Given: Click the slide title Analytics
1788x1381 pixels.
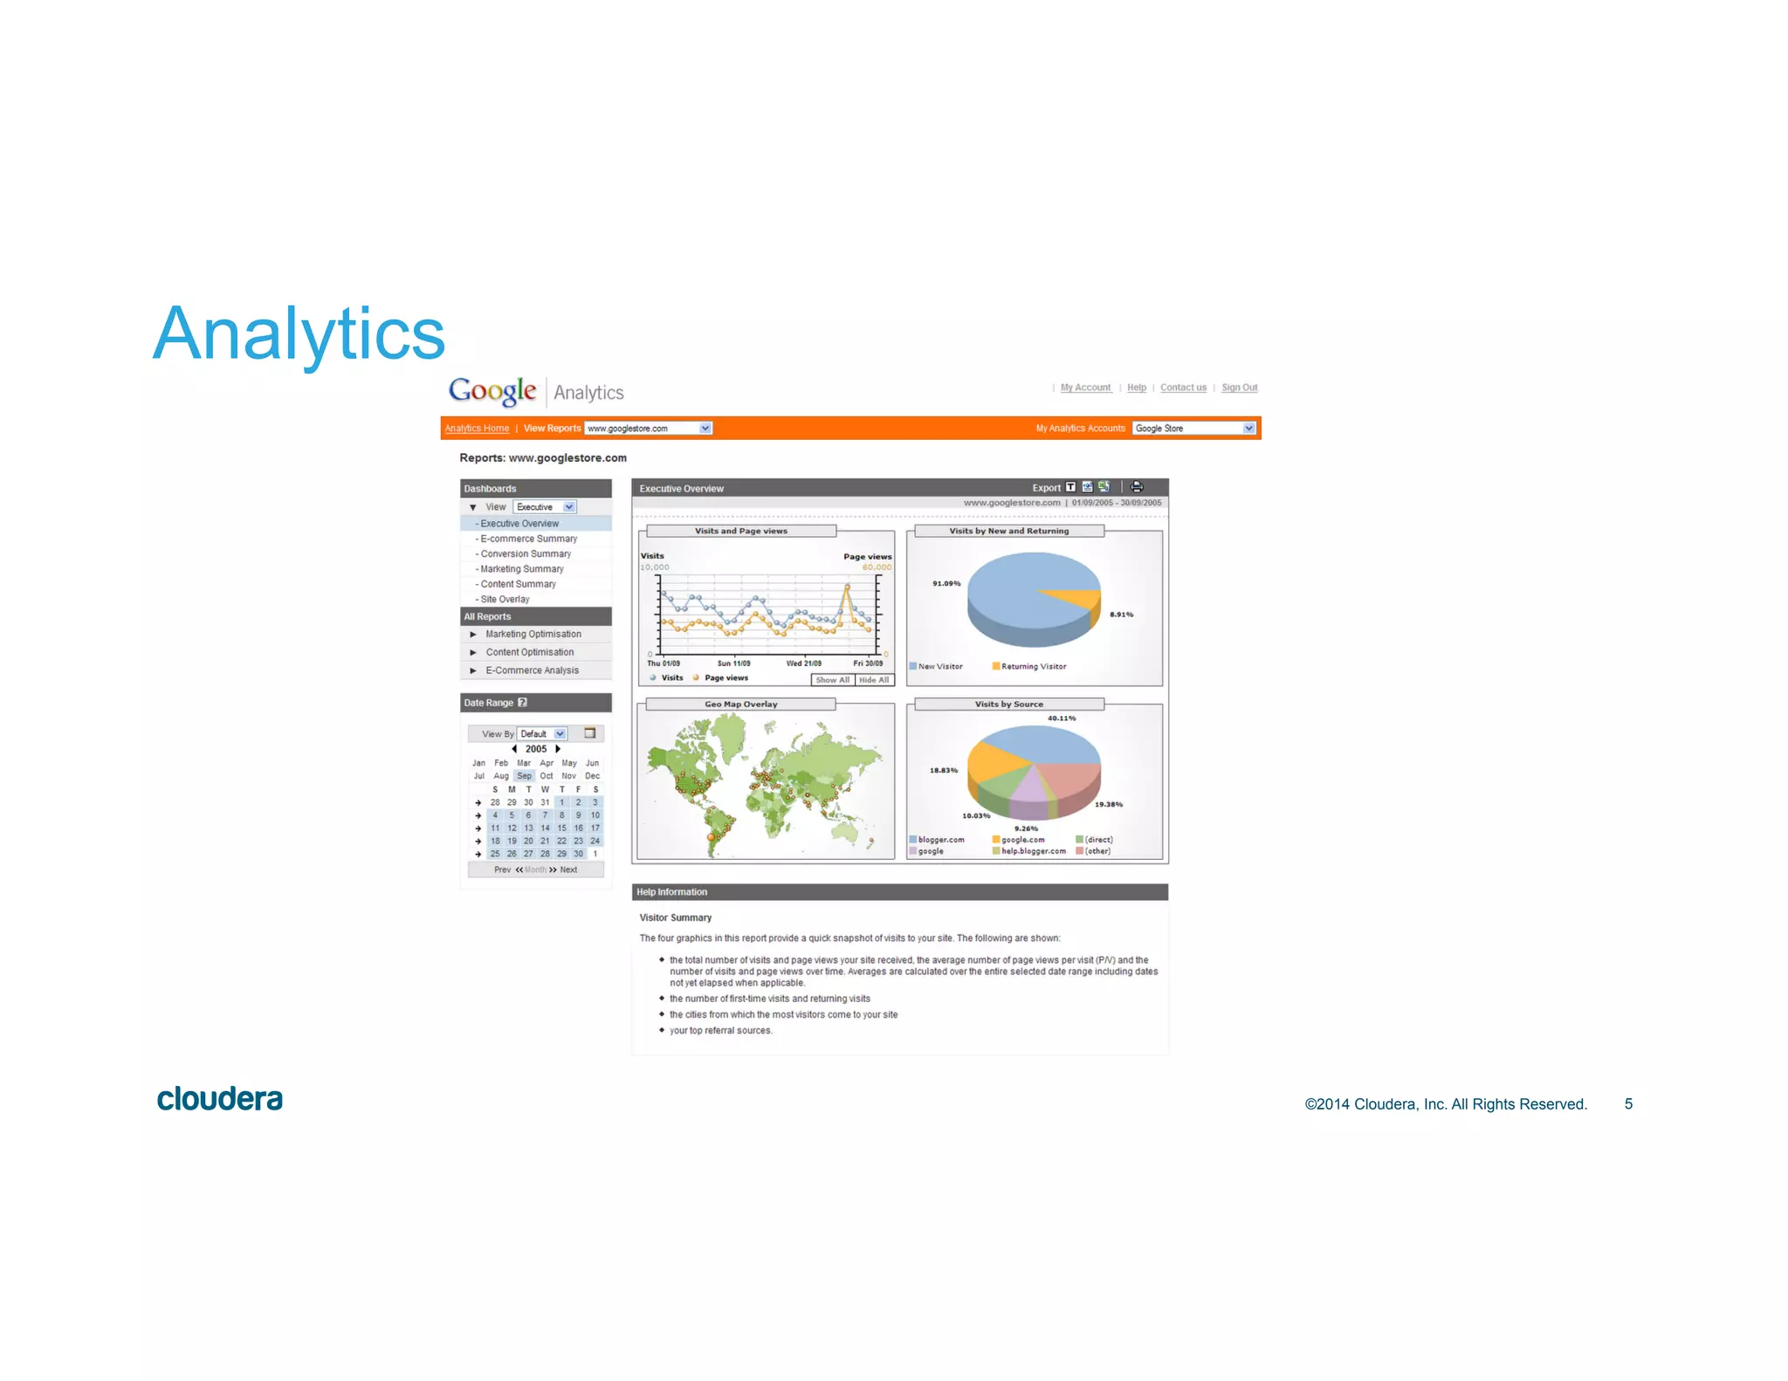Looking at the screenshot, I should point(299,334).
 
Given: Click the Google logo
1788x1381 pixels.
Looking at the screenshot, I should point(492,391).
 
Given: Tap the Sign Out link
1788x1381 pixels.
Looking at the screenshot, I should point(1239,388).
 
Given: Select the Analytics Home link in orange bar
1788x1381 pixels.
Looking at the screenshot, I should point(477,429).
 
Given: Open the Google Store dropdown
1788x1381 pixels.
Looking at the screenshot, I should point(1248,429).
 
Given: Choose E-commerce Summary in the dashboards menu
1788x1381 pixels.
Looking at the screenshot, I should point(528,539).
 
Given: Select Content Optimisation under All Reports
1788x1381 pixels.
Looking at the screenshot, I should point(529,652).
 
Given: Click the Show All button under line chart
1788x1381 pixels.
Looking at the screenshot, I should point(832,680).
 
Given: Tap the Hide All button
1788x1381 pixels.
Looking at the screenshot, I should point(874,680).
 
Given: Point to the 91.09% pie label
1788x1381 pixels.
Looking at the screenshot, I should point(946,583).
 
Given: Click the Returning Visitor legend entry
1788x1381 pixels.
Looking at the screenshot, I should point(1033,667).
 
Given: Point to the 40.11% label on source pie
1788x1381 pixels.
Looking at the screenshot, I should point(1062,718).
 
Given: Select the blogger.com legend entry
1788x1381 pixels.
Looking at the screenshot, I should point(940,840).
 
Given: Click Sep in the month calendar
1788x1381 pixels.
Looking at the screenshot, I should point(524,776).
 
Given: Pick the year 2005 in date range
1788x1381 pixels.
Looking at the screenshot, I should point(536,749).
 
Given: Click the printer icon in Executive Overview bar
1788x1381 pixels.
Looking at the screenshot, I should point(1137,487).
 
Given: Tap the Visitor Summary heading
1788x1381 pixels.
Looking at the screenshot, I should point(675,917).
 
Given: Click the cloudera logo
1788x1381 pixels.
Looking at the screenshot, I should point(220,1099).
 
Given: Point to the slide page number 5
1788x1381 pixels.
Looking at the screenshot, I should point(1628,1104).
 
